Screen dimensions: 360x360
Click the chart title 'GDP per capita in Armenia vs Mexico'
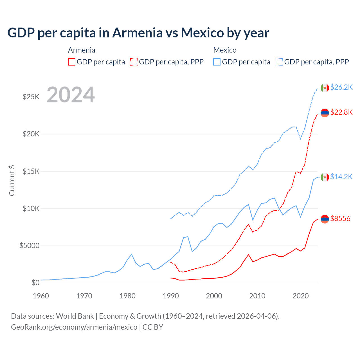pyautogui.click(x=138, y=33)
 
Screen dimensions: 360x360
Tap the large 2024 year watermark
pyautogui.click(x=71, y=95)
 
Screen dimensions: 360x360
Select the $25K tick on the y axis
pyautogui.click(x=31, y=97)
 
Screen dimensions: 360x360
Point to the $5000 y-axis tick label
pyautogui.click(x=29, y=246)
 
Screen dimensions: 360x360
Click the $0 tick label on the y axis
pyautogui.click(x=35, y=283)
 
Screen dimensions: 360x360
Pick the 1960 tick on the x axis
pyautogui.click(x=41, y=296)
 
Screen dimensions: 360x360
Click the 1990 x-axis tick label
pyautogui.click(x=171, y=296)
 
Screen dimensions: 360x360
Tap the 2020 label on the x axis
pyautogui.click(x=301, y=296)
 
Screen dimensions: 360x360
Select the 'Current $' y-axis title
pyautogui.click(x=12, y=181)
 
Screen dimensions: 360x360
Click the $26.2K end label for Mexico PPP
pyautogui.click(x=341, y=87)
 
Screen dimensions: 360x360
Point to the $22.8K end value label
pyautogui.click(x=341, y=112)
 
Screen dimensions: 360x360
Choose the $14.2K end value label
pyautogui.click(x=341, y=177)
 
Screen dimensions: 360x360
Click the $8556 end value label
pyautogui.click(x=340, y=219)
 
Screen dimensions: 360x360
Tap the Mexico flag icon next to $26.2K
pyautogui.click(x=325, y=88)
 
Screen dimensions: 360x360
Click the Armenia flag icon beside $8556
pyautogui.click(x=325, y=219)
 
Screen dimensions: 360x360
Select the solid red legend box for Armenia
pyautogui.click(x=72, y=62)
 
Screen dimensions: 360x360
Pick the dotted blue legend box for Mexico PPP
pyautogui.click(x=279, y=62)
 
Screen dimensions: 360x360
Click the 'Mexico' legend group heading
pyautogui.click(x=225, y=50)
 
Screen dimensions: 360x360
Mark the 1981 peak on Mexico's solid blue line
pyautogui.click(x=131, y=254)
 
